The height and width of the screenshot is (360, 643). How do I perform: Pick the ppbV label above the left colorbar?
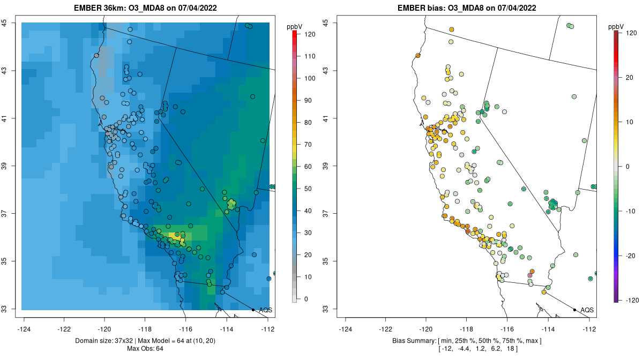(295, 26)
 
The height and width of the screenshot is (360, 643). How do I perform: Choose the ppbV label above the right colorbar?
(616, 26)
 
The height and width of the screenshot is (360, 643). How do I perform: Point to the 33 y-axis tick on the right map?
(326, 309)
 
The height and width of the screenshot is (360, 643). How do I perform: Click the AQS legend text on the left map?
(265, 310)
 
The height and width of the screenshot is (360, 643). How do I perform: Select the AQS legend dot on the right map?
(574, 310)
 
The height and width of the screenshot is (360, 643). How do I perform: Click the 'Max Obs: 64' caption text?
(145, 349)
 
